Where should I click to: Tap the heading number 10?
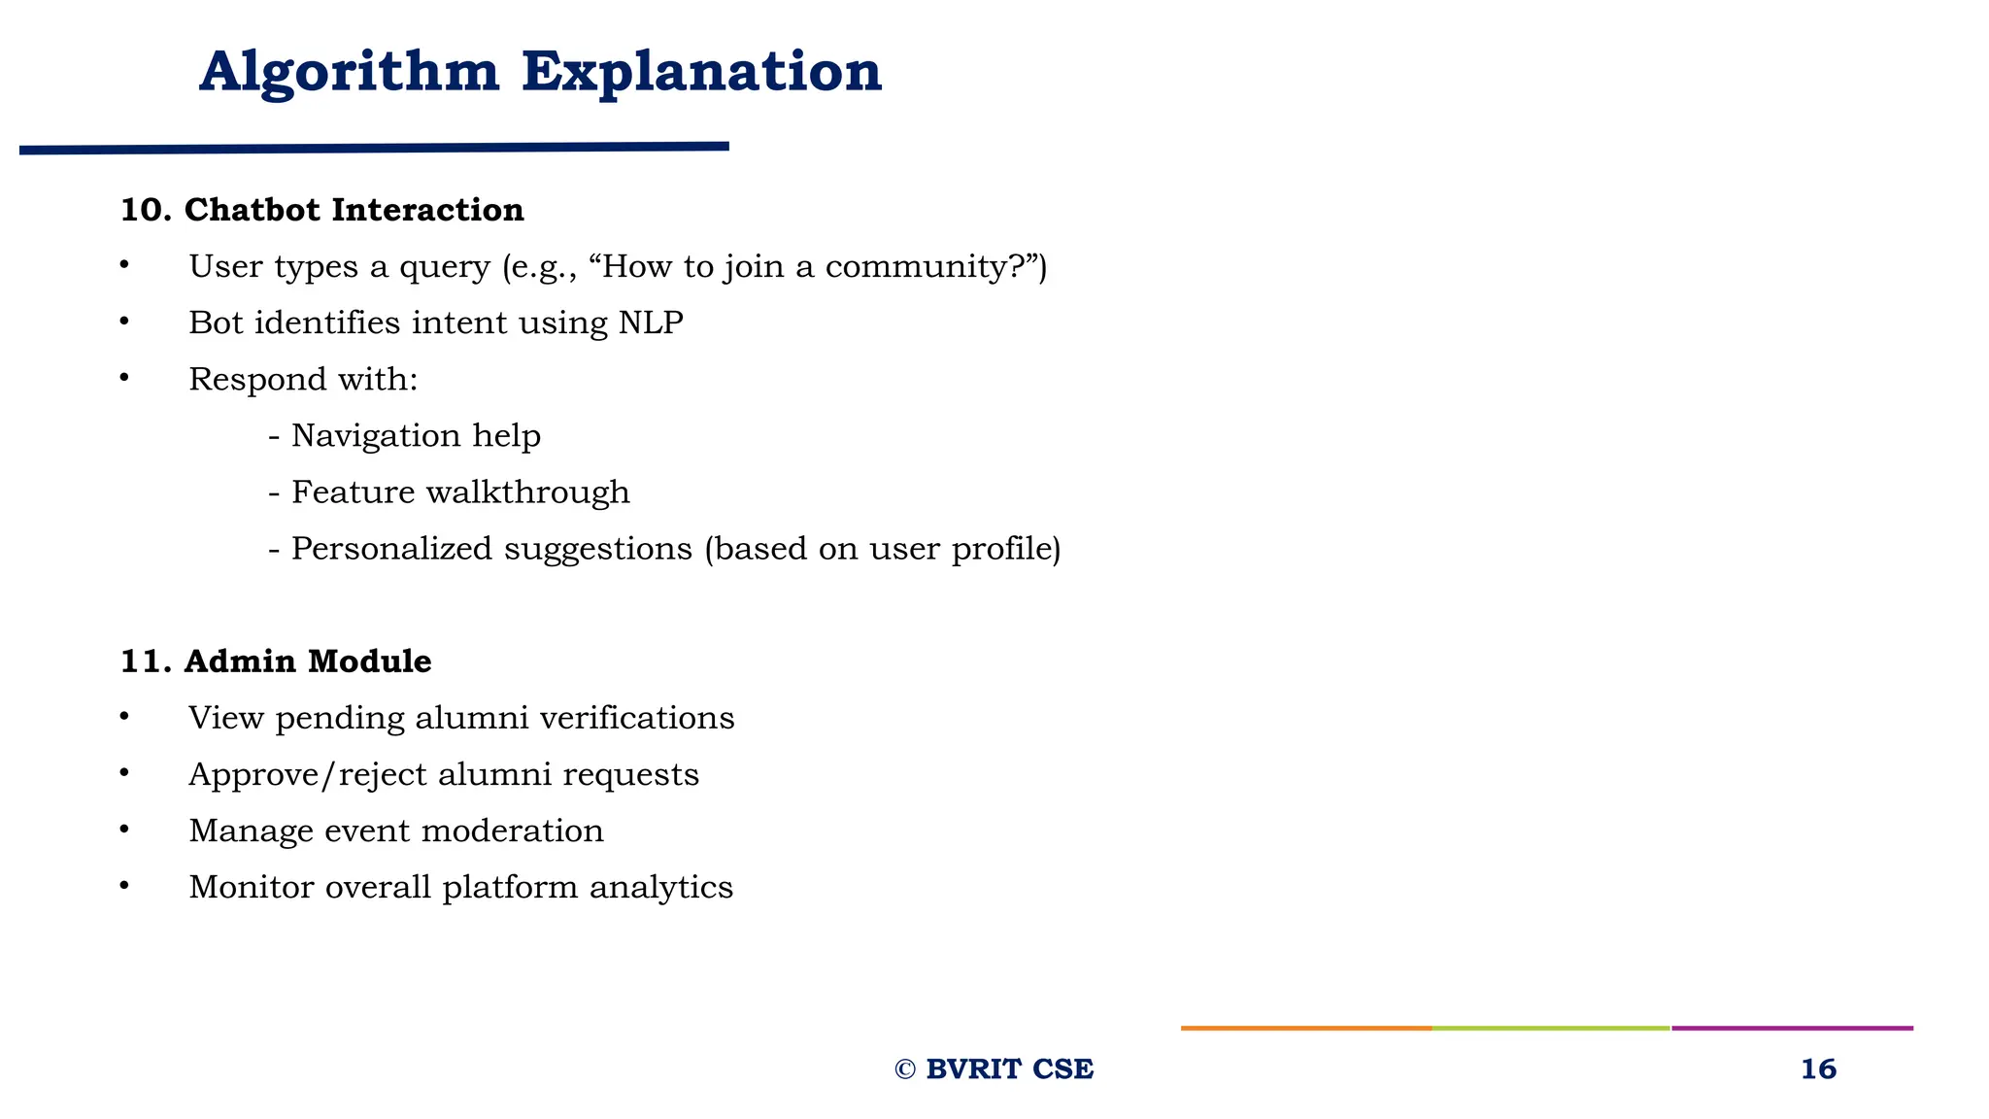pyautogui.click(x=145, y=210)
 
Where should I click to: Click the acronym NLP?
pyautogui.click(x=651, y=322)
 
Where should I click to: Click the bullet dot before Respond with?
pyautogui.click(x=124, y=378)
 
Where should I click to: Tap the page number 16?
pyautogui.click(x=1818, y=1069)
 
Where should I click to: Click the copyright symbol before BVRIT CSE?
pyautogui.click(x=905, y=1069)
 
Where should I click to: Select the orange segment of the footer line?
pyautogui.click(x=1305, y=1028)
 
